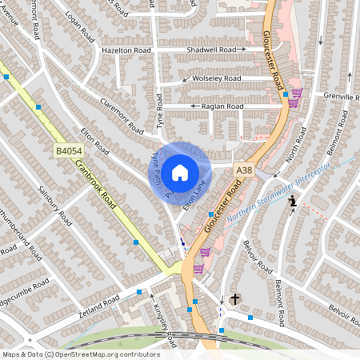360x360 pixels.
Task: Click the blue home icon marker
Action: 180,173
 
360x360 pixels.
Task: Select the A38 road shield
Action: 244,170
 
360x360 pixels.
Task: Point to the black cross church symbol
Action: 235,298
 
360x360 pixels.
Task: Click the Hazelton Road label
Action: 126,50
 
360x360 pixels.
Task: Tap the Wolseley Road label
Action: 216,78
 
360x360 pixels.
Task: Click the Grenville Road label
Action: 339,97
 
